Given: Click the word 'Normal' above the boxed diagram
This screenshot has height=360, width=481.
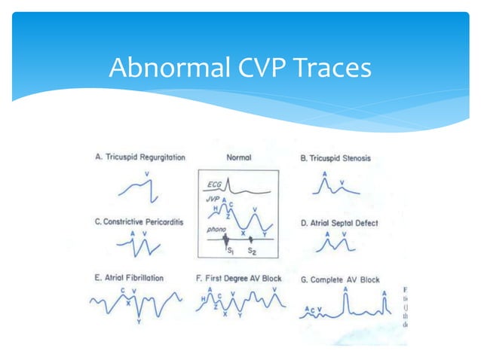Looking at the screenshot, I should pos(238,159).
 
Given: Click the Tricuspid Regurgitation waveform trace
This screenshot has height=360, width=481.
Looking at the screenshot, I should pos(142,193).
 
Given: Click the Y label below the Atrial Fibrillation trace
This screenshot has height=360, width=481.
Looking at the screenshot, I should pos(139,322).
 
